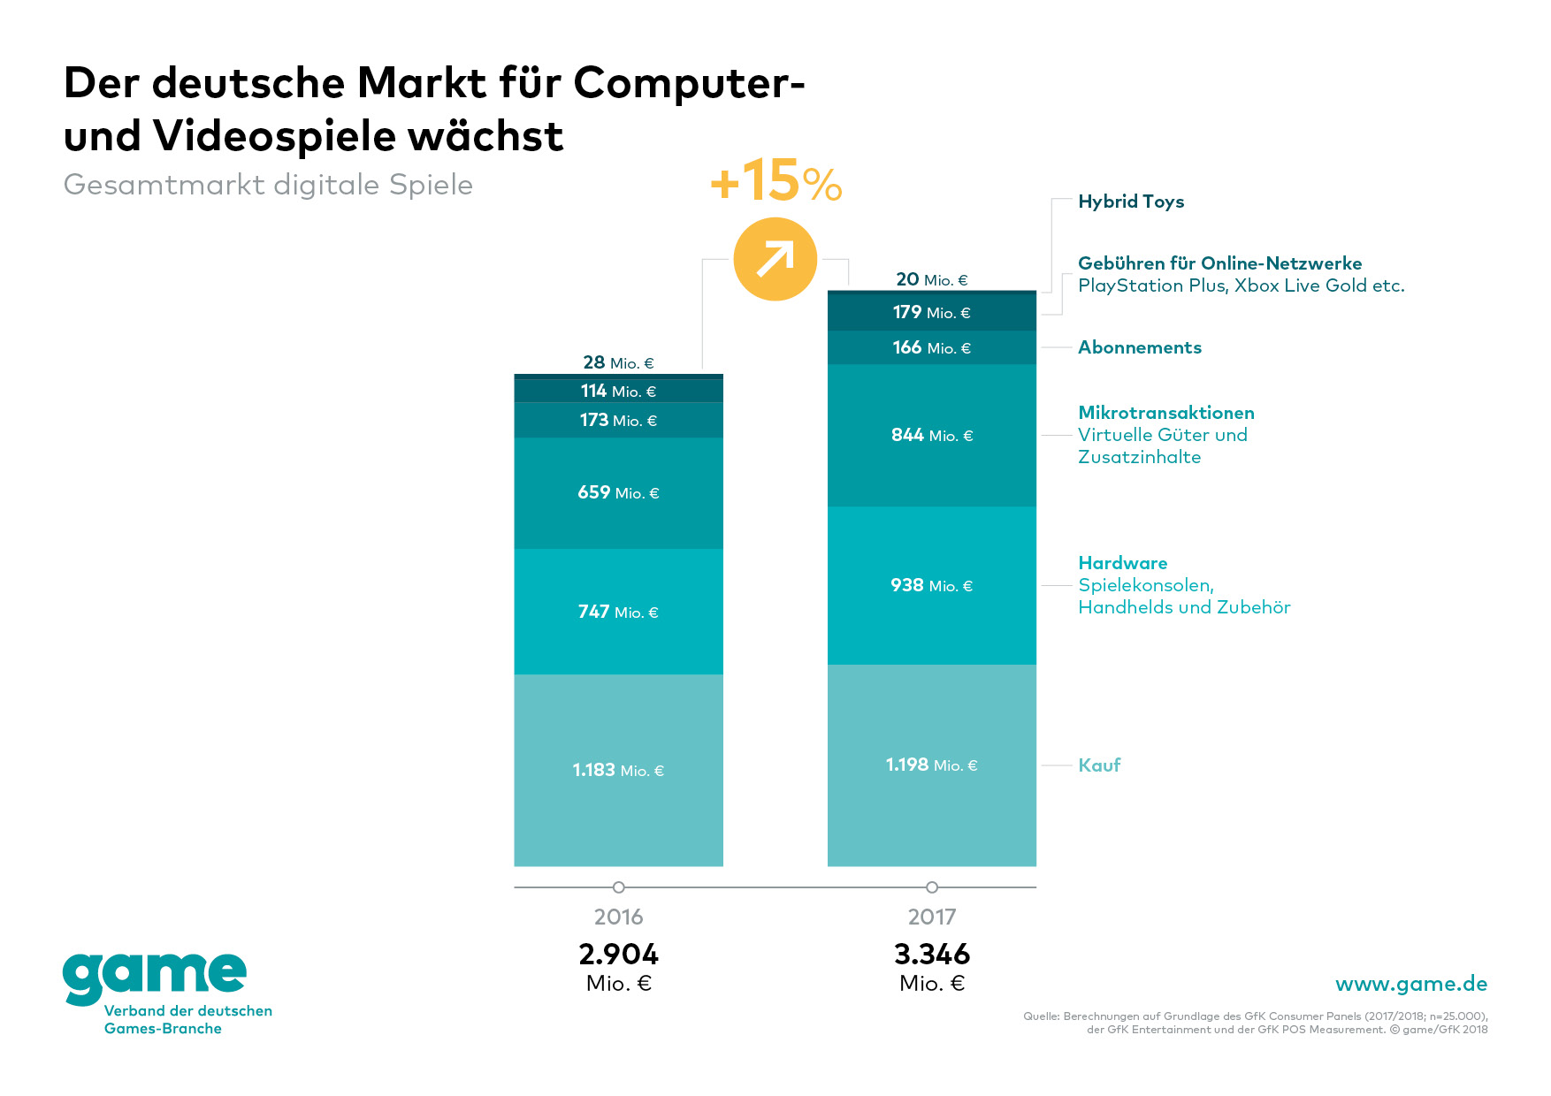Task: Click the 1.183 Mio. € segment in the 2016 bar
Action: click(618, 770)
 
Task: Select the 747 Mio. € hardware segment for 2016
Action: click(618, 612)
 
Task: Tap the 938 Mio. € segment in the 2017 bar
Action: click(931, 585)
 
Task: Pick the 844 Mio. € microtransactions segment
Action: click(931, 435)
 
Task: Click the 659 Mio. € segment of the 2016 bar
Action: click(618, 492)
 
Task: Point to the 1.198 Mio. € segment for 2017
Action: click(931, 765)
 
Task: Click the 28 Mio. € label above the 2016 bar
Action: click(618, 362)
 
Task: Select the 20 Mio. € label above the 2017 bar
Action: click(931, 279)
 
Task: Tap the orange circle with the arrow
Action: click(775, 259)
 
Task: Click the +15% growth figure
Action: click(775, 181)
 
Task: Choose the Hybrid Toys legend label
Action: click(1130, 202)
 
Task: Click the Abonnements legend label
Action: click(1139, 347)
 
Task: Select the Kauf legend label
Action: click(1098, 765)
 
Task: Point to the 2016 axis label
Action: click(618, 917)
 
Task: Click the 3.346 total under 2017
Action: click(931, 955)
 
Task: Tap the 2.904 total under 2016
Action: click(618, 955)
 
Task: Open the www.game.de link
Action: click(1410, 984)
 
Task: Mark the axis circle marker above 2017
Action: click(931, 887)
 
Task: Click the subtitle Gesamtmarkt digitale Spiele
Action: click(268, 185)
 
